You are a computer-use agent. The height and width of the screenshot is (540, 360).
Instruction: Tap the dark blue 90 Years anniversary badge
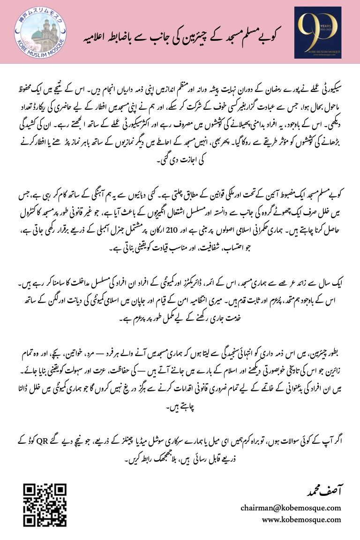coord(317,32)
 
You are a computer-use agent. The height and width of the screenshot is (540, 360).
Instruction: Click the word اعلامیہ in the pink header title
coord(105,35)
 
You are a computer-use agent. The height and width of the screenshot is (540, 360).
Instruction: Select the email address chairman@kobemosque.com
coord(291,508)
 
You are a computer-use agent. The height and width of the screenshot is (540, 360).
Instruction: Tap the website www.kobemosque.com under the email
coord(301,519)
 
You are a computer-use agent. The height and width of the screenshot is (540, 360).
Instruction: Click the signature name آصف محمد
coord(323,491)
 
